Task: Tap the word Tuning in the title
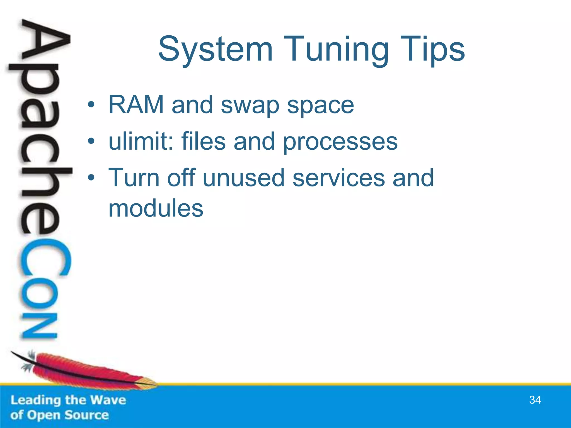pos(336,50)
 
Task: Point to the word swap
pos(250,106)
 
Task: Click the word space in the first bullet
pos(320,106)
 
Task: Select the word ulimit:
pos(141,141)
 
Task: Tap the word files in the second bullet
pos(204,141)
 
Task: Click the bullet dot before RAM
pos(91,105)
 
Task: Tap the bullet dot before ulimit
pos(91,141)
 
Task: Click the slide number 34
pos(535,400)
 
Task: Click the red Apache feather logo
pos(84,371)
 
